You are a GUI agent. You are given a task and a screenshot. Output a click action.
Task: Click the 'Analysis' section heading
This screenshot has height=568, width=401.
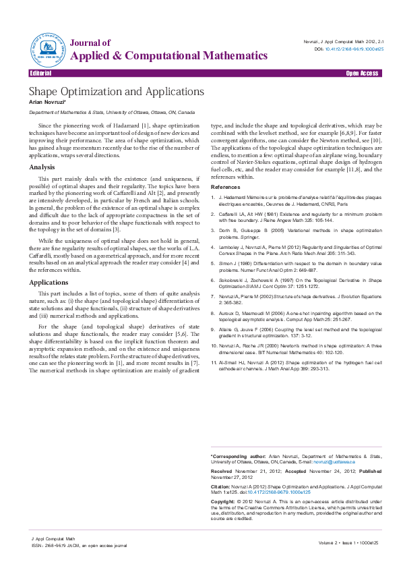click(x=42, y=167)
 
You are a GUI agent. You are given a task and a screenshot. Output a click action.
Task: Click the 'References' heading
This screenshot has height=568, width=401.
click(x=225, y=186)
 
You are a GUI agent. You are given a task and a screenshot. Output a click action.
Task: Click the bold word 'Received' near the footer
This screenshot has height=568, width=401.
click(x=222, y=470)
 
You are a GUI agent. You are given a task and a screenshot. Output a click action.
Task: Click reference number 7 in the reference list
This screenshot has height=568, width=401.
click(x=214, y=295)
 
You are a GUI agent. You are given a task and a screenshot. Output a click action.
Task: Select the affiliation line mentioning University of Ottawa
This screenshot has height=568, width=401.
click(x=112, y=112)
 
